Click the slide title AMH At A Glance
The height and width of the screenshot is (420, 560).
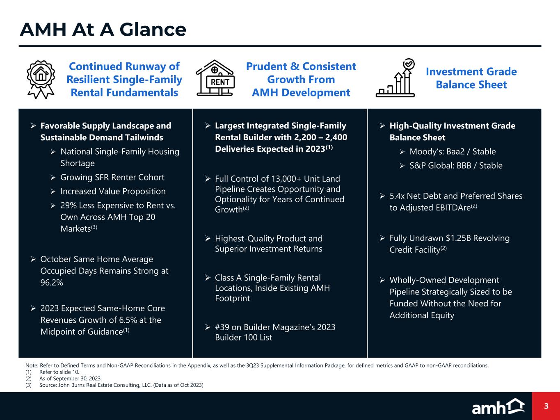click(x=103, y=30)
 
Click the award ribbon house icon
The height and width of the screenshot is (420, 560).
click(x=41, y=80)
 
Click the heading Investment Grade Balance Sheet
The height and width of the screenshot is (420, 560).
click(x=471, y=78)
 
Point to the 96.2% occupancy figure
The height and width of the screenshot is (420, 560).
click(x=52, y=283)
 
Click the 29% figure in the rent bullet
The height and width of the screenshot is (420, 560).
click(x=69, y=205)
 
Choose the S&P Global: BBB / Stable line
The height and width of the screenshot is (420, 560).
click(x=456, y=166)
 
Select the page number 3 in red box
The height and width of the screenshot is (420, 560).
click(x=546, y=406)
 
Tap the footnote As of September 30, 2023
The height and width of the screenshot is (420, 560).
click(x=71, y=379)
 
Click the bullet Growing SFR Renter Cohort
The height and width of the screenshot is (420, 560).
click(x=112, y=178)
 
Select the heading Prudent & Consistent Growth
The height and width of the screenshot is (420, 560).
click(x=301, y=73)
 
